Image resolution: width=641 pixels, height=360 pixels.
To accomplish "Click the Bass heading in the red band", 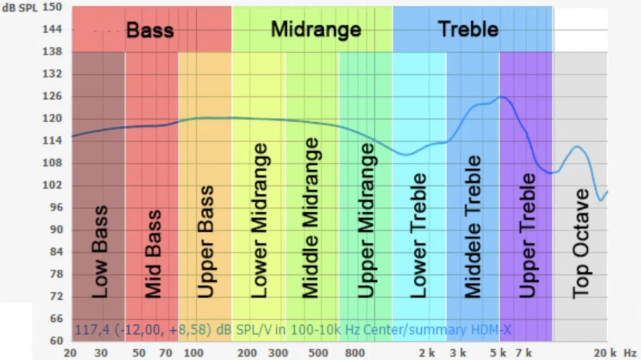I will (x=150, y=29).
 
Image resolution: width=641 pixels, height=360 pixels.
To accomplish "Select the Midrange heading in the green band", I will (x=315, y=29).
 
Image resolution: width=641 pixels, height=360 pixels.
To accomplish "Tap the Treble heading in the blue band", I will (x=468, y=29).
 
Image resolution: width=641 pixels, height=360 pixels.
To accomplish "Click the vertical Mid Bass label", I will (x=153, y=254).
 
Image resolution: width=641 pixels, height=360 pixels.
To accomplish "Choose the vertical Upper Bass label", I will (x=205, y=242).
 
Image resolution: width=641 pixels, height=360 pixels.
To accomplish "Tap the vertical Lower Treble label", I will (x=418, y=235).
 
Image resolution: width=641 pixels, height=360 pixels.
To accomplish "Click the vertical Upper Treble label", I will (x=527, y=235).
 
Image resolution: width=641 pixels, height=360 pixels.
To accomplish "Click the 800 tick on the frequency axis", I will (x=355, y=353).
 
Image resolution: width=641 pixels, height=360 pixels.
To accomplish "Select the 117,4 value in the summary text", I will (x=87, y=329).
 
